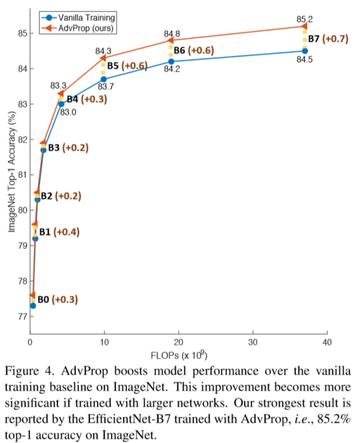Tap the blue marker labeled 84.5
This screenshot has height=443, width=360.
(304, 51)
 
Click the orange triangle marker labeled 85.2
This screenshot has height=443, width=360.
(304, 26)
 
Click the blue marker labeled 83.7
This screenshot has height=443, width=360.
(103, 79)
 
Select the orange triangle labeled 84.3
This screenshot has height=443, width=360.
(103, 58)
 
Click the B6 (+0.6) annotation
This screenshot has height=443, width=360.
(194, 50)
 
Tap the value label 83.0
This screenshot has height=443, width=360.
(69, 112)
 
